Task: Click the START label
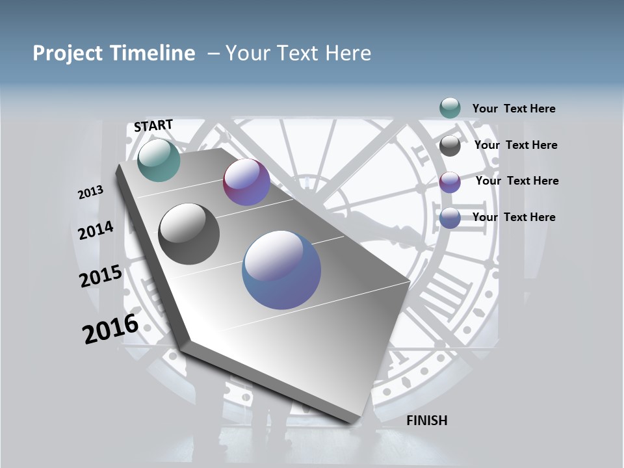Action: click(x=153, y=125)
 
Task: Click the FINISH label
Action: click(x=426, y=421)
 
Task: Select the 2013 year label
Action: click(x=90, y=192)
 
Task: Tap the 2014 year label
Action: click(x=96, y=230)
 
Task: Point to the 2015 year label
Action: click(x=101, y=276)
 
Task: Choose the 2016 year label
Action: click(x=110, y=329)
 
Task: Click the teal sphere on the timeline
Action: click(x=159, y=160)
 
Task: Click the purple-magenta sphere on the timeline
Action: click(x=246, y=182)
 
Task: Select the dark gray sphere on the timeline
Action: click(x=189, y=234)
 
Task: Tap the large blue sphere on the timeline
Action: click(x=281, y=270)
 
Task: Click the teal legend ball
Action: click(x=450, y=108)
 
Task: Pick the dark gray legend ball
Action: click(x=450, y=146)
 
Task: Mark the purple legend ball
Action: click(x=450, y=182)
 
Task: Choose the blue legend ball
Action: click(x=450, y=218)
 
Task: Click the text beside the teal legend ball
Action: click(x=513, y=109)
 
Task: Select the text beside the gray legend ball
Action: click(x=515, y=145)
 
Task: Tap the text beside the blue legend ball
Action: click(x=513, y=217)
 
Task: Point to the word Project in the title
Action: click(x=66, y=53)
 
